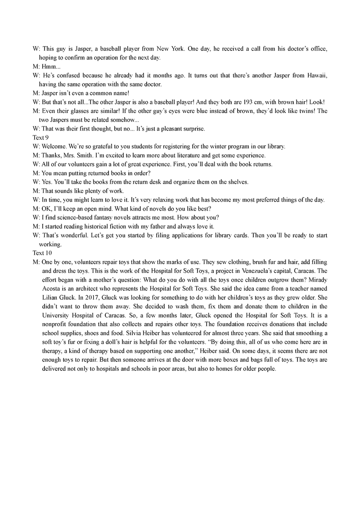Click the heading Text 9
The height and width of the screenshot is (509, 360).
(x=40, y=138)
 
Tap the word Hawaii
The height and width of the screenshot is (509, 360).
(x=315, y=76)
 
